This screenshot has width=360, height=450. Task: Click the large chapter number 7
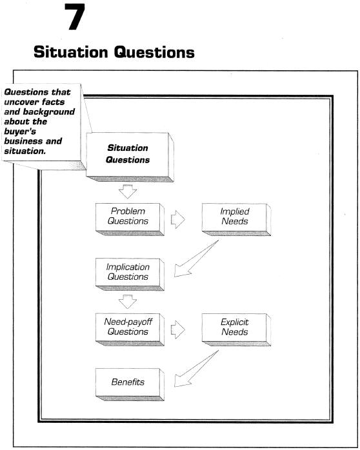pyautogui.click(x=75, y=17)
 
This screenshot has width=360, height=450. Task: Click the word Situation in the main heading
pyautogui.click(x=71, y=52)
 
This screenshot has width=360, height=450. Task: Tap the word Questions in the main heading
pyautogui.click(x=154, y=52)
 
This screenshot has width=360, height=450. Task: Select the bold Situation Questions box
pyautogui.click(x=130, y=157)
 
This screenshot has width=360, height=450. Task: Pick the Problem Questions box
pyautogui.click(x=130, y=220)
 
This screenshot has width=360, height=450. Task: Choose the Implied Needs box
pyautogui.click(x=236, y=220)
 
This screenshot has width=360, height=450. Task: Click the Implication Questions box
pyautogui.click(x=130, y=275)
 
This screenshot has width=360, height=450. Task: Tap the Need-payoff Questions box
pyautogui.click(x=130, y=329)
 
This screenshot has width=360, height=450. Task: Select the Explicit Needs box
pyautogui.click(x=236, y=329)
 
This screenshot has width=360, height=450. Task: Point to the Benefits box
pyautogui.click(x=130, y=385)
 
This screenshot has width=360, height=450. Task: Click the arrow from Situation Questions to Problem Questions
pyautogui.click(x=128, y=191)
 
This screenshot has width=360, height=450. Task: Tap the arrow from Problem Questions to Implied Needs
pyautogui.click(x=178, y=220)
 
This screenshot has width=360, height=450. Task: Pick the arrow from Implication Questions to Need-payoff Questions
pyautogui.click(x=128, y=302)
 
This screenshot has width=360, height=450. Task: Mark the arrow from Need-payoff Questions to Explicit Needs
pyautogui.click(x=178, y=329)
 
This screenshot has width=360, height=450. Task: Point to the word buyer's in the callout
pyautogui.click(x=20, y=132)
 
